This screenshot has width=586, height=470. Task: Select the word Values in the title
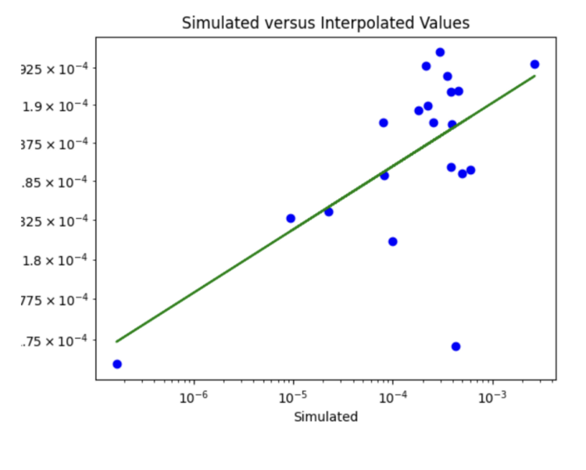(x=443, y=23)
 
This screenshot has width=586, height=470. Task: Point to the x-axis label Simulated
(x=326, y=417)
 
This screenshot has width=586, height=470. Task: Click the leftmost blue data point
(x=117, y=364)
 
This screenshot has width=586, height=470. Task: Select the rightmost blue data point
(x=534, y=64)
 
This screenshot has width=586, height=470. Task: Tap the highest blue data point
(x=440, y=52)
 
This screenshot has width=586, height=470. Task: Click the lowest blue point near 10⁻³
(x=456, y=347)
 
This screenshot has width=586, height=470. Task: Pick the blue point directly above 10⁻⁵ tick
(x=291, y=219)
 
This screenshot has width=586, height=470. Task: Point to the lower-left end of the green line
(x=116, y=341)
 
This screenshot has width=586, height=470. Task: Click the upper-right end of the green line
(x=534, y=76)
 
